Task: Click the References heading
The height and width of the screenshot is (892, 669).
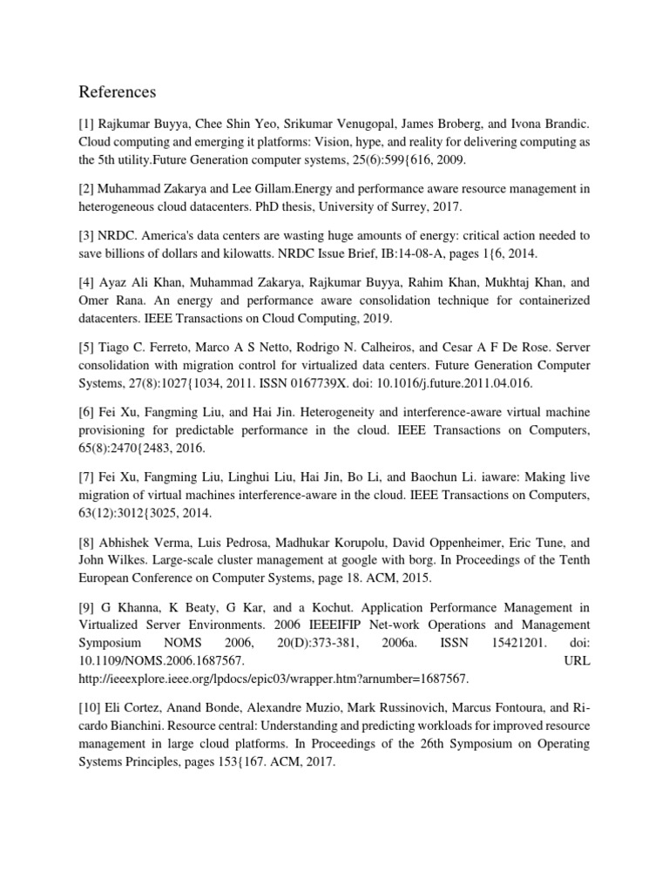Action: coord(118,91)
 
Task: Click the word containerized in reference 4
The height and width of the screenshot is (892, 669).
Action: coord(545,301)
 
